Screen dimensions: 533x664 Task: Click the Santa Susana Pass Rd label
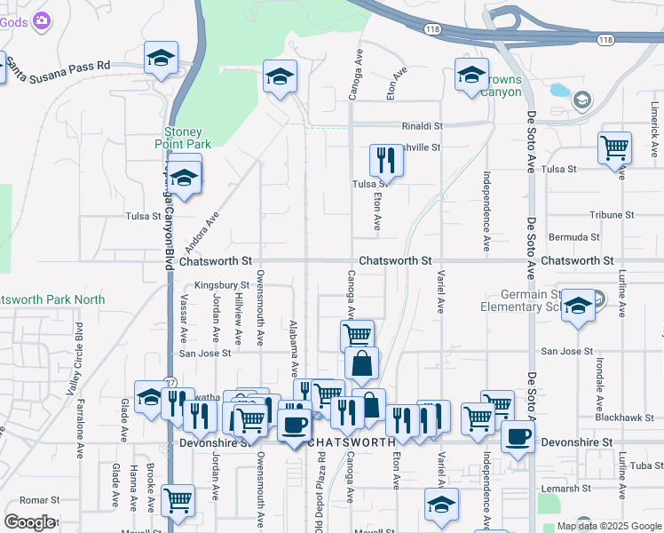(59, 66)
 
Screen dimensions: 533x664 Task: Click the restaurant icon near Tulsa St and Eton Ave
(385, 160)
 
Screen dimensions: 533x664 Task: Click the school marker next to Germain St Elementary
(578, 306)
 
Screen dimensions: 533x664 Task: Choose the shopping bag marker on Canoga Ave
(361, 363)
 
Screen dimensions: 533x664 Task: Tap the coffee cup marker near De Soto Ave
(518, 436)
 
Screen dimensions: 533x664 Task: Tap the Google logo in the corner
(29, 522)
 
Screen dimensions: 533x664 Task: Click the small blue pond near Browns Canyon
(558, 90)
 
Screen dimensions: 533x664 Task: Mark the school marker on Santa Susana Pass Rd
(161, 59)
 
